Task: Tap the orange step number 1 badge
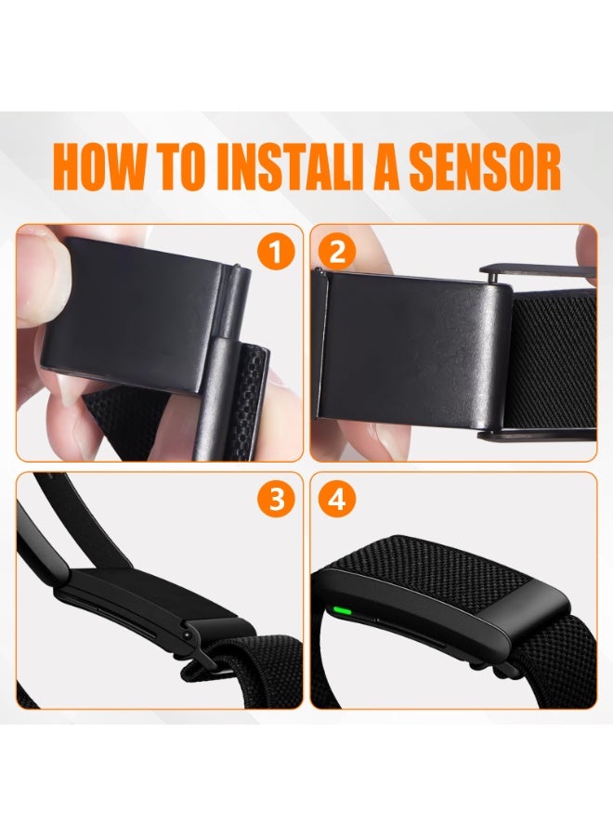point(275,252)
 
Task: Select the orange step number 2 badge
point(337,252)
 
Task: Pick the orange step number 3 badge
point(275,499)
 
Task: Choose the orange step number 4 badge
point(337,499)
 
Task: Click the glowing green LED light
point(341,608)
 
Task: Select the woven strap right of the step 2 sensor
point(554,361)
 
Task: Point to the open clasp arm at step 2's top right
point(539,271)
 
